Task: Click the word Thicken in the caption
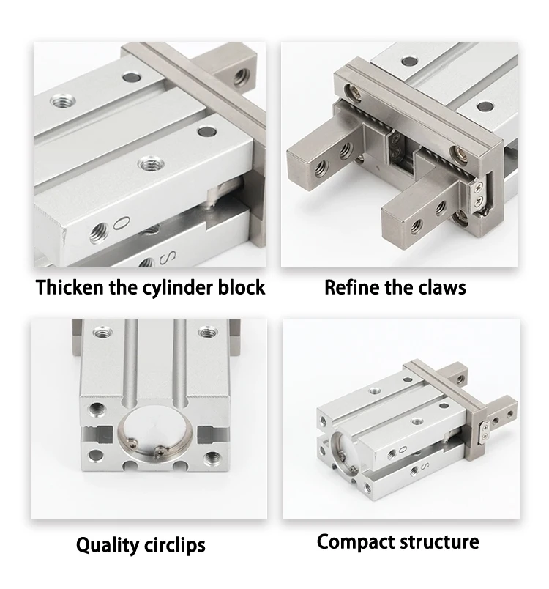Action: (70, 287)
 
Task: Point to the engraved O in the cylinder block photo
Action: (122, 223)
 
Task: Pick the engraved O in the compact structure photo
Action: (403, 449)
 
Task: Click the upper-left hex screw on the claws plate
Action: (353, 92)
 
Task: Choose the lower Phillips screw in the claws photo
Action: (479, 201)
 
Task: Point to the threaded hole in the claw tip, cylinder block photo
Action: (240, 78)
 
